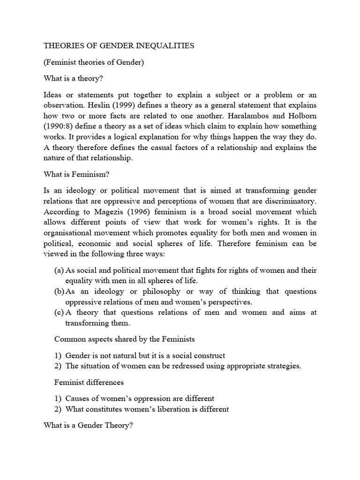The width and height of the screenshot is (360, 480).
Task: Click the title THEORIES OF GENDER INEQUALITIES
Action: point(119,46)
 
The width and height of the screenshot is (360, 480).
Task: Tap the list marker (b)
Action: point(60,292)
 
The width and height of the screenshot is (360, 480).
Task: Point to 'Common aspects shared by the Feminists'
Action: point(124,339)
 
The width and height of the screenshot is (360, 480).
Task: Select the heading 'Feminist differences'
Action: point(89,382)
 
